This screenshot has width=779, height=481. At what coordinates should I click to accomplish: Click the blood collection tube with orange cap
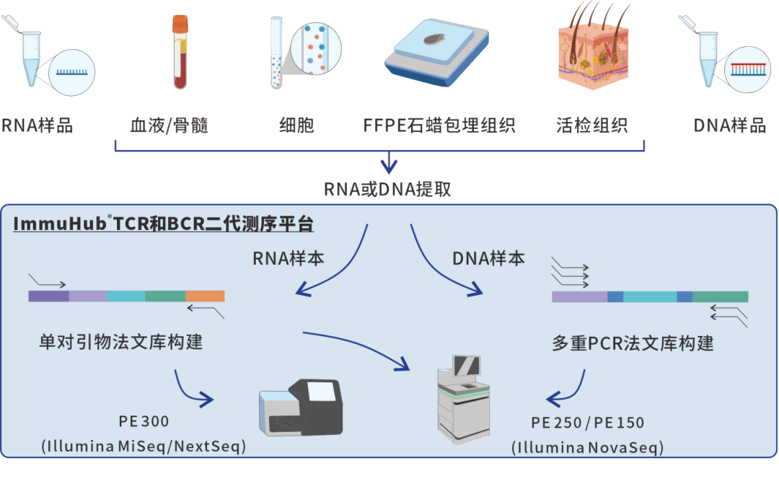[180, 53]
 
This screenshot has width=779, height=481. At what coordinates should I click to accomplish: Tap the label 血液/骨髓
[170, 125]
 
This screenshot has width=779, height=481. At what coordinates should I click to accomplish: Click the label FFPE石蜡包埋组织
[439, 125]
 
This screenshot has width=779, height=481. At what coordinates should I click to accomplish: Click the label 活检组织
[592, 125]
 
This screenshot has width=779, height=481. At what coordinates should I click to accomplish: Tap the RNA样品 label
[38, 125]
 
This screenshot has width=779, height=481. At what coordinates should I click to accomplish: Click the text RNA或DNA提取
[388, 189]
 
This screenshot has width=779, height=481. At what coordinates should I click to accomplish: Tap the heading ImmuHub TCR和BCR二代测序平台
[164, 224]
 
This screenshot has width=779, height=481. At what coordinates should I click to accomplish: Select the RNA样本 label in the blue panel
[288, 258]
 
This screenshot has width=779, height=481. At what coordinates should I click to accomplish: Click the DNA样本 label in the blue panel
[488, 258]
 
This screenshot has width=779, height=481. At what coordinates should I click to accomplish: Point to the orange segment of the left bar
[205, 296]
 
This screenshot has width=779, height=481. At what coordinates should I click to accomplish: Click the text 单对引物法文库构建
[120, 341]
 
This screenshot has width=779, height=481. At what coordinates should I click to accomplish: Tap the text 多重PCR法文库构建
[633, 343]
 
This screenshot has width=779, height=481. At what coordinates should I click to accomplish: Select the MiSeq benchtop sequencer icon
[302, 409]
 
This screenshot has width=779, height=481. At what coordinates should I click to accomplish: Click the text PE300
[144, 421]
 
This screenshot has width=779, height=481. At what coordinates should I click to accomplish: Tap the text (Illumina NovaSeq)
[587, 447]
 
